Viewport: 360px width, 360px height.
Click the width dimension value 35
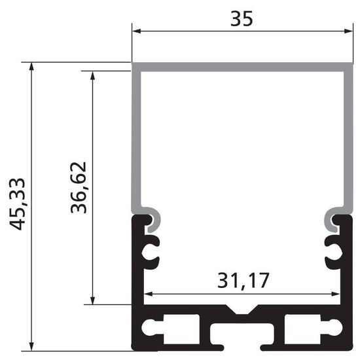tap(241, 18)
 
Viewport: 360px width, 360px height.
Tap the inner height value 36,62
tap(79, 188)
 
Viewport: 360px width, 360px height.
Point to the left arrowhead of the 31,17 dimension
tap(147, 293)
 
